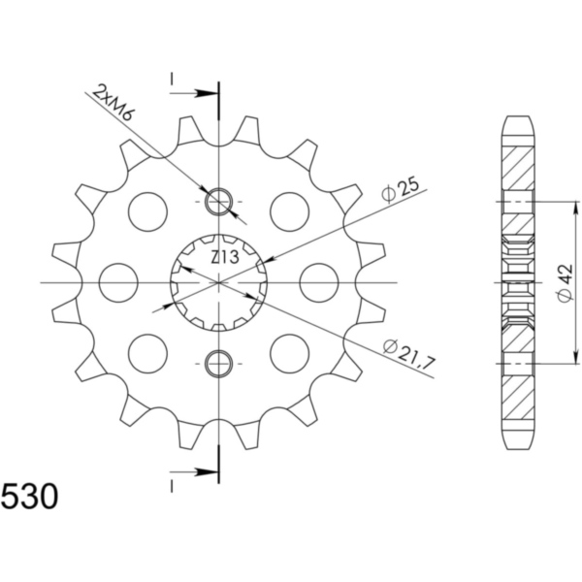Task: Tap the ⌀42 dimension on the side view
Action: pyautogui.click(x=564, y=282)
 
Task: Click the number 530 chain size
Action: pyautogui.click(x=29, y=497)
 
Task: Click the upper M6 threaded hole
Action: pyautogui.click(x=220, y=202)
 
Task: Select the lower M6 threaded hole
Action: pyautogui.click(x=220, y=364)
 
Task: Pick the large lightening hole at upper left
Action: pyautogui.click(x=148, y=211)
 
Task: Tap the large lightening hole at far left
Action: pyautogui.click(x=116, y=282)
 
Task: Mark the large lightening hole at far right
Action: pyautogui.click(x=321, y=282)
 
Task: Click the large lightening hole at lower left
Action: pyautogui.click(x=148, y=353)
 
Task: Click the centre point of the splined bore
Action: pyautogui.click(x=220, y=282)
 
